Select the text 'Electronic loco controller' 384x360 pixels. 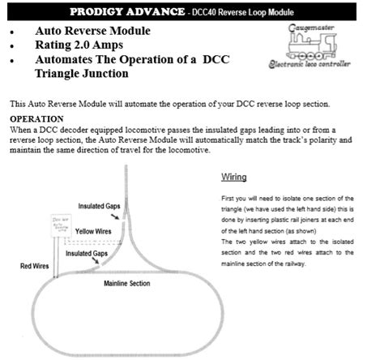pyautogui.click(x=322, y=62)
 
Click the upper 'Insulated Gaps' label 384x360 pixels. pyautogui.click(x=100, y=207)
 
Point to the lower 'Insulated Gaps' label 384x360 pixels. pyautogui.click(x=88, y=254)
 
